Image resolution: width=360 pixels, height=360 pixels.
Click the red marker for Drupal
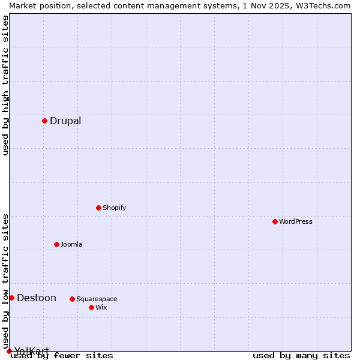point(44,121)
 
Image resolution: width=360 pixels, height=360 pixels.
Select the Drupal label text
point(65,121)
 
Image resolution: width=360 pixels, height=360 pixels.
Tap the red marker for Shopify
point(98,208)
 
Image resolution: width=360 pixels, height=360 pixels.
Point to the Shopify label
point(114,208)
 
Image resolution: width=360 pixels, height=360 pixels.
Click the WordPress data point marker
point(275,221)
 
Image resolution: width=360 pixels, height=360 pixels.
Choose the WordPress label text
point(295,222)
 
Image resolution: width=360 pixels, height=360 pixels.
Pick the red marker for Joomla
point(56,244)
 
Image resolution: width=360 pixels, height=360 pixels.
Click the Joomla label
point(71,245)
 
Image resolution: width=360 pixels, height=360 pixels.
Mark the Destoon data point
point(11,298)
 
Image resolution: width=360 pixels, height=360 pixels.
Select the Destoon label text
point(36,298)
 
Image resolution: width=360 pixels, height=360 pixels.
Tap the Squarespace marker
point(72,299)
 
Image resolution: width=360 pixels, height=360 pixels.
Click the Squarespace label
point(97,299)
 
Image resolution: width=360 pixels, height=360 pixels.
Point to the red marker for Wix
point(91,307)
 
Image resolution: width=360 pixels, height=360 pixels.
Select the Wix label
point(101,308)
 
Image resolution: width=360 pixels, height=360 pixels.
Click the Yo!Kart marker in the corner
point(9,351)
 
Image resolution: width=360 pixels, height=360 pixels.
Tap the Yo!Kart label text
point(31,351)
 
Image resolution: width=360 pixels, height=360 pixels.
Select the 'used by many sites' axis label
point(301,356)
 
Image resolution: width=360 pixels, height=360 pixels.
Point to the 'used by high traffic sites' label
point(6,85)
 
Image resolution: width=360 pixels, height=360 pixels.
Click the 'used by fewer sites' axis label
point(62,356)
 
